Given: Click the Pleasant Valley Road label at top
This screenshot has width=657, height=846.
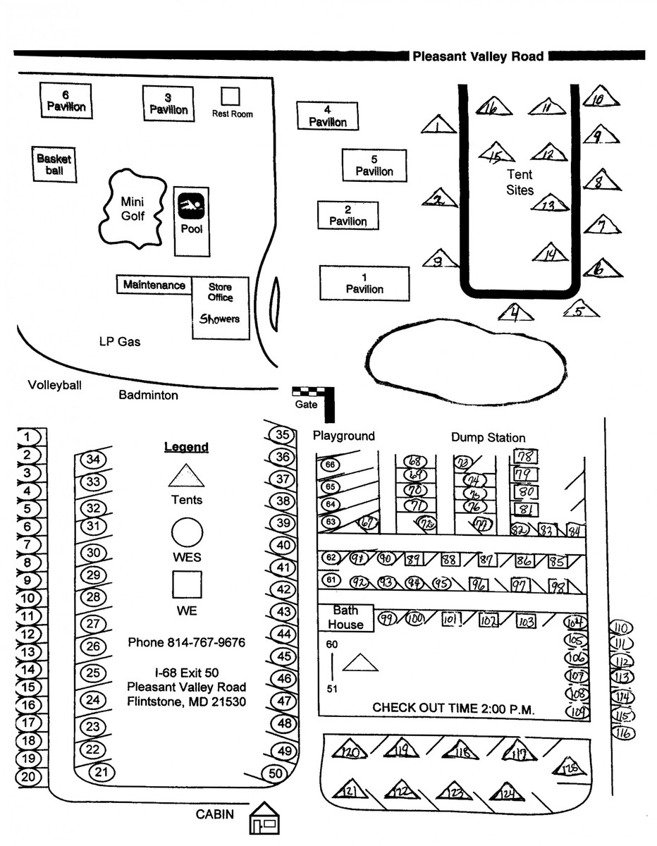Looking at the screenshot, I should (478, 56).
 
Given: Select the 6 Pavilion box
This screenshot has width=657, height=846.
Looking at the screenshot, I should (66, 101).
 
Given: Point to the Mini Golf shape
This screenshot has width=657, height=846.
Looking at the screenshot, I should (133, 209).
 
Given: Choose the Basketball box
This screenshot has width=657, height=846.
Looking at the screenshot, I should (54, 164).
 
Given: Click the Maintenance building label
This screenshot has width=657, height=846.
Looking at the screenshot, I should (154, 285).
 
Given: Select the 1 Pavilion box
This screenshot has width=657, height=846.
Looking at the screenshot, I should (364, 283).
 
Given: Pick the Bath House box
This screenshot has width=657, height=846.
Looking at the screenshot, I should (345, 618).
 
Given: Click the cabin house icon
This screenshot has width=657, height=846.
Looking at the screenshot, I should (265, 819).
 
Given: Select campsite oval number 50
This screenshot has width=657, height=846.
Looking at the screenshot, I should (275, 773).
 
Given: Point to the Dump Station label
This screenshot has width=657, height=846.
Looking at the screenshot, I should (488, 438).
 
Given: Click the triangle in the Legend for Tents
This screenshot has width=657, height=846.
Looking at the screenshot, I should (186, 477).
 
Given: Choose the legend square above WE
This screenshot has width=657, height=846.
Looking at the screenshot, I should (188, 584).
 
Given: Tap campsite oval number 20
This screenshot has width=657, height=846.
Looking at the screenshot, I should (28, 777).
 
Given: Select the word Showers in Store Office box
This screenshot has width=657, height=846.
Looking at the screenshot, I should (219, 319).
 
